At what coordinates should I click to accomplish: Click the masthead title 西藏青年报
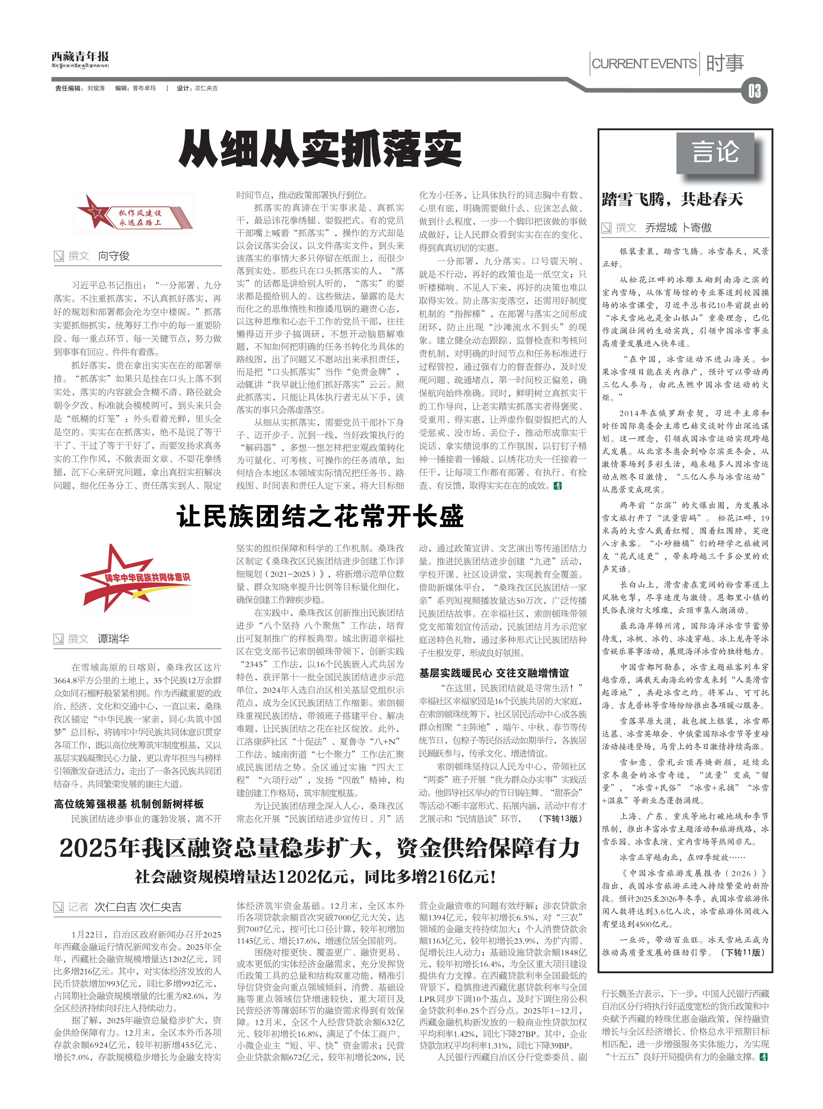(x=80, y=56)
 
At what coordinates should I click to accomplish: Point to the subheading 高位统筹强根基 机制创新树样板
(x=129, y=804)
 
